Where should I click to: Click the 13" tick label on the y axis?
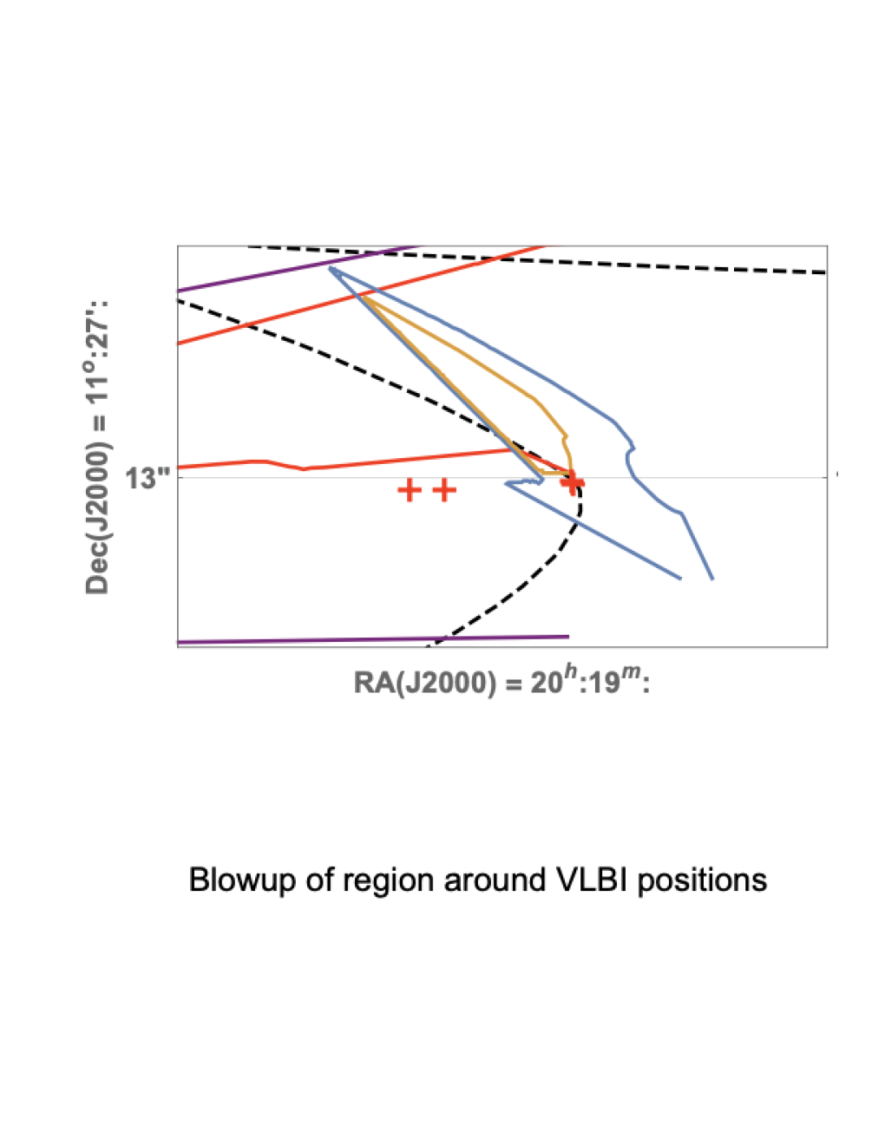click(x=147, y=480)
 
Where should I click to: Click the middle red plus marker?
click(x=444, y=490)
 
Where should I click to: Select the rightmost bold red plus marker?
click(x=572, y=482)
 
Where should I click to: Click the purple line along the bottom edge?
click(x=373, y=639)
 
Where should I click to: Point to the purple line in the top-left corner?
click(x=298, y=268)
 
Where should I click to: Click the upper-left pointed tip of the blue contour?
click(x=329, y=268)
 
